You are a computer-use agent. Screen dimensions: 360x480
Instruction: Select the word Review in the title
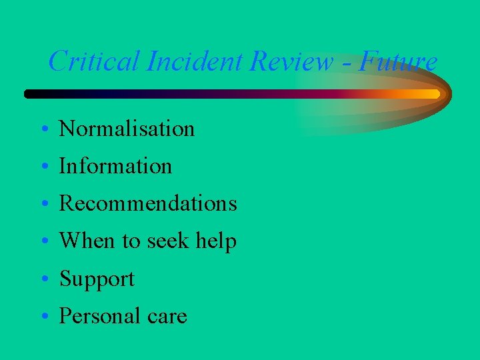pos(291,62)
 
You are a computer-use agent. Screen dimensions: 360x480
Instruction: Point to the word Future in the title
pos(398,62)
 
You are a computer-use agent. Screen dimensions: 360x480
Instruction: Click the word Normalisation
pos(127,129)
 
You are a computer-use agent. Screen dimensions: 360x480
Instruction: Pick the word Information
pos(115,166)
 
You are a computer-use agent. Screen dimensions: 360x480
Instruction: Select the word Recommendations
pos(148,203)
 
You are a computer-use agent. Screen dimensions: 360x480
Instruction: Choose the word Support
pos(97,279)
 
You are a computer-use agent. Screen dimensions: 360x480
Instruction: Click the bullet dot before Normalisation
pos(41,130)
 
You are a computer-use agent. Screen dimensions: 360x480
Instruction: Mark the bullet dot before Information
pos(41,167)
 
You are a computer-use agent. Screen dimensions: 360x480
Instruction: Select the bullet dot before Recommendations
pos(41,205)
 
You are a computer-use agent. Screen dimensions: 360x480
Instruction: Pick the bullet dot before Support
pos(41,280)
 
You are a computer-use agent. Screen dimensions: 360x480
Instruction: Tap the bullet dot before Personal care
pos(41,317)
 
